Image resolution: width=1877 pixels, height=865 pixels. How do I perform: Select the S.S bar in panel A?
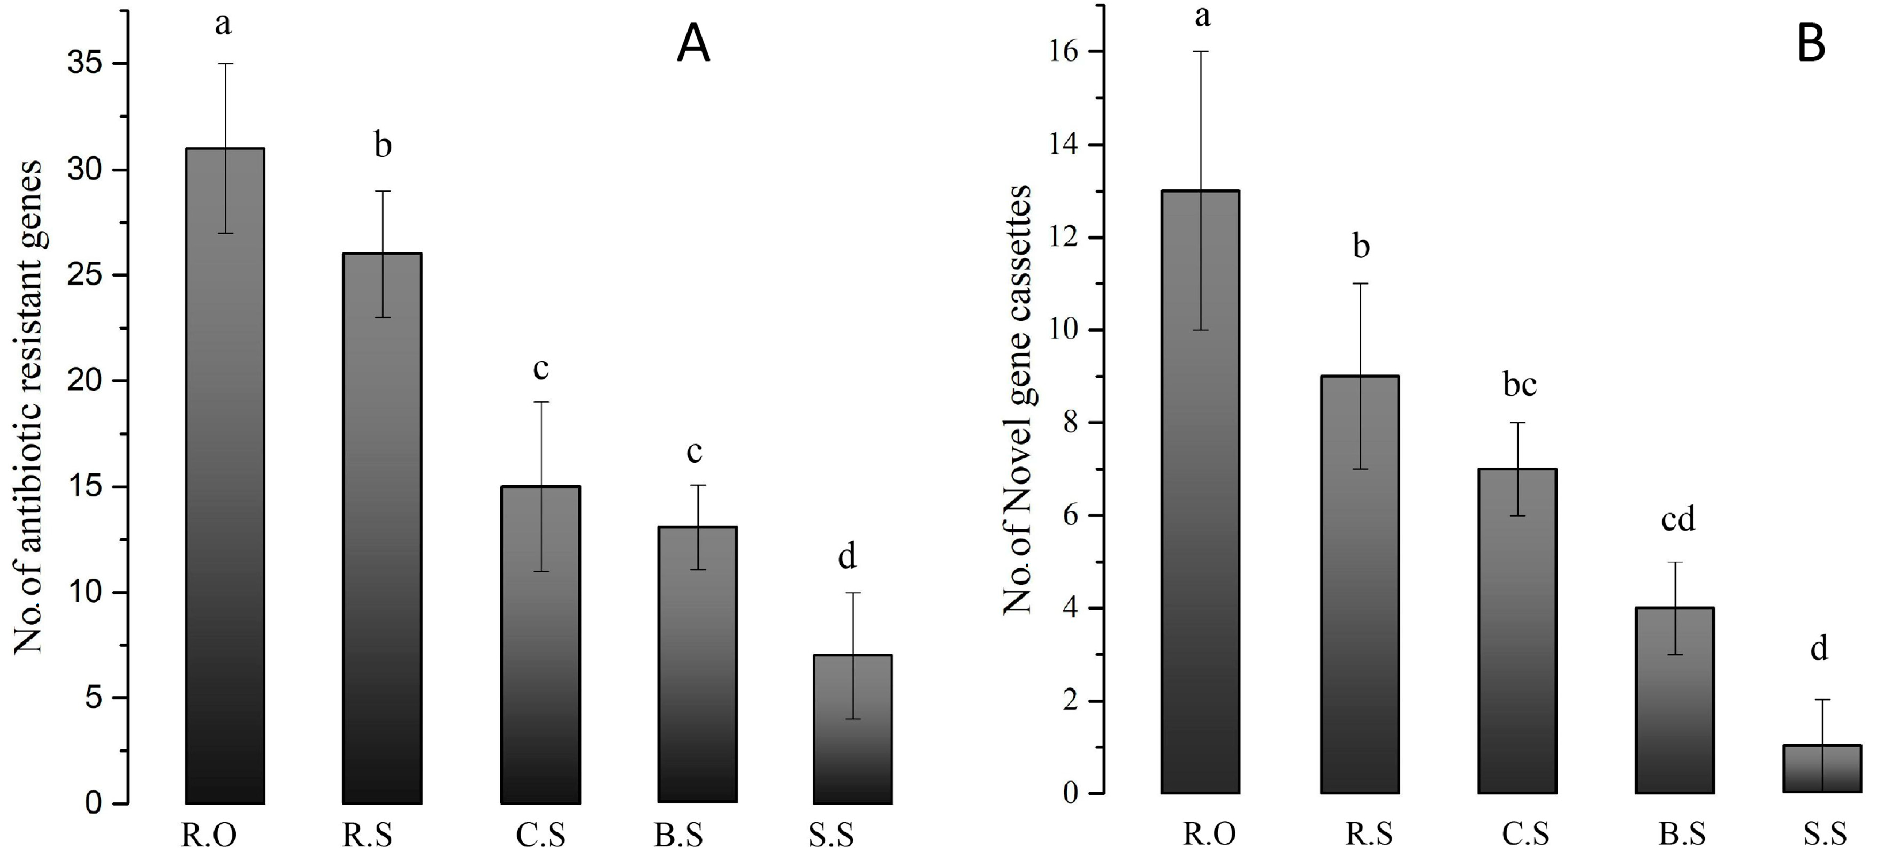coord(852,729)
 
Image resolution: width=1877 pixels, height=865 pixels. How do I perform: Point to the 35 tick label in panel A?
coord(85,64)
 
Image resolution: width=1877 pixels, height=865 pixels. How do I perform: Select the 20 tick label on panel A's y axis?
coord(85,381)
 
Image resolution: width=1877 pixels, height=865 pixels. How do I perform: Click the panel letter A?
coord(693,45)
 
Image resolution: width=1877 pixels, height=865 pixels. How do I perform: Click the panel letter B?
coord(1811,44)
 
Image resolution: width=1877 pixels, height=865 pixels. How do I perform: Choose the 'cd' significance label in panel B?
coord(1678,519)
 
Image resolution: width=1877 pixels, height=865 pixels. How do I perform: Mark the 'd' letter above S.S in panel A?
coord(846,557)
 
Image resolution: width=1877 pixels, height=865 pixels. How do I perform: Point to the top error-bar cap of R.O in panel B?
coord(1200,52)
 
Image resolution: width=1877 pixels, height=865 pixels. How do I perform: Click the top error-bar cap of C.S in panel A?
coord(540,402)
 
